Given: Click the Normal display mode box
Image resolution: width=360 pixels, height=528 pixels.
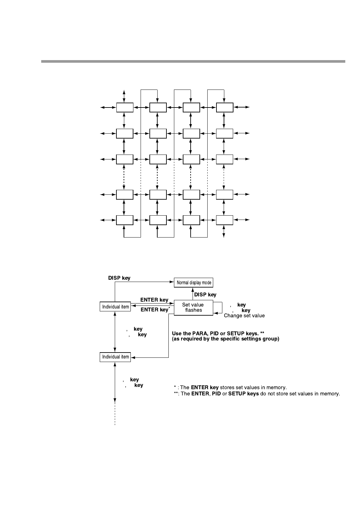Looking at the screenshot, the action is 194,283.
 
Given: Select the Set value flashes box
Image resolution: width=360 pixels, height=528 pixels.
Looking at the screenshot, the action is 193,307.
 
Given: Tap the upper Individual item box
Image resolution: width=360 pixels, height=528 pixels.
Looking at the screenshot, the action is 115,307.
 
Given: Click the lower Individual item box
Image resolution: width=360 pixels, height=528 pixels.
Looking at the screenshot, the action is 115,357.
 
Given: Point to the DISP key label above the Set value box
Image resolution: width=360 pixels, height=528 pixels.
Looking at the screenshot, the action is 205,295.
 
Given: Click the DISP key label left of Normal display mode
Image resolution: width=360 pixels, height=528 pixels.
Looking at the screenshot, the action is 119,278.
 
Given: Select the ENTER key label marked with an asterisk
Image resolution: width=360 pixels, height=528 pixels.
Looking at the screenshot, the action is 154,310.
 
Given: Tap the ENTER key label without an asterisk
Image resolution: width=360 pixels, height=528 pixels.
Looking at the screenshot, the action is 154,300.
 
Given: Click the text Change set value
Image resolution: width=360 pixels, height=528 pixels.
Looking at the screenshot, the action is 244,316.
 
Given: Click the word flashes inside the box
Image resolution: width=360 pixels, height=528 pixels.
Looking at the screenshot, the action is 193,310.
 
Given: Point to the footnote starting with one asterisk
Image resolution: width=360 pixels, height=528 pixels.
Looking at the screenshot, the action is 230,388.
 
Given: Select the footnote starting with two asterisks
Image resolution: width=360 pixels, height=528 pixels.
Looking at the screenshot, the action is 257,394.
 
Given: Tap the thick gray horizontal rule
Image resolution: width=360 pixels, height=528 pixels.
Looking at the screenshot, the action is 193,61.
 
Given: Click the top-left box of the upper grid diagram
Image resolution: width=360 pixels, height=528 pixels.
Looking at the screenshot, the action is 125,107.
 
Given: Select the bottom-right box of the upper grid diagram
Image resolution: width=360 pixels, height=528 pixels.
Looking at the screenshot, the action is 224,220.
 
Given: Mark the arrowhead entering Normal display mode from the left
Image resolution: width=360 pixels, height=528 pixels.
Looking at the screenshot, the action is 172,283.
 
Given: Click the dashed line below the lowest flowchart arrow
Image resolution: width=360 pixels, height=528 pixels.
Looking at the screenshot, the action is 115,415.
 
